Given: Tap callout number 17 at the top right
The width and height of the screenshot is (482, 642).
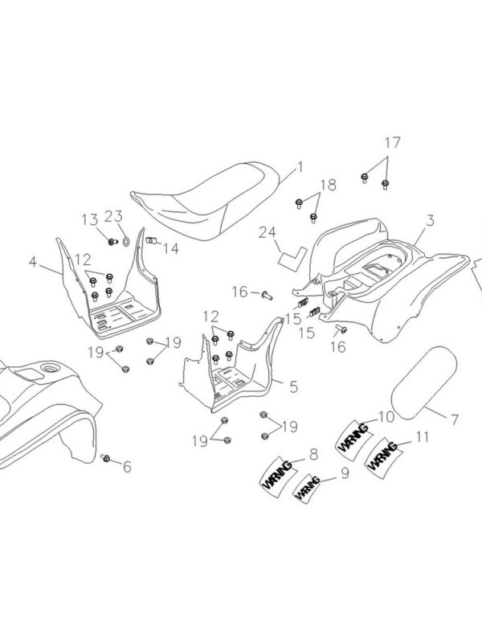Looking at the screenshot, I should [391, 143].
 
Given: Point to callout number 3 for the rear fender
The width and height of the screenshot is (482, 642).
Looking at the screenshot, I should [431, 219].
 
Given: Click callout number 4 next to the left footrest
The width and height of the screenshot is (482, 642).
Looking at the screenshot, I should [33, 261].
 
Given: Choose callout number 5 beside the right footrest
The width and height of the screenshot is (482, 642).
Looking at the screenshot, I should [293, 386].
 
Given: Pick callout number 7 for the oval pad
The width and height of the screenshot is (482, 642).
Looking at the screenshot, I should [454, 419].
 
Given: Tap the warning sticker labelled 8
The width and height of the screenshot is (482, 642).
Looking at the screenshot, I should [276, 475].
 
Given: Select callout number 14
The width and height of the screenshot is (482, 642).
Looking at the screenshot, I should [170, 247].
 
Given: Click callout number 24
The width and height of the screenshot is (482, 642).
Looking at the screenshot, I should [267, 234].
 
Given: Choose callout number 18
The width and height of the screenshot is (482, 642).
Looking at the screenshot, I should [328, 184].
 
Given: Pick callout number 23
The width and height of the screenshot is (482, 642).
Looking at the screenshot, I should [112, 215].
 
